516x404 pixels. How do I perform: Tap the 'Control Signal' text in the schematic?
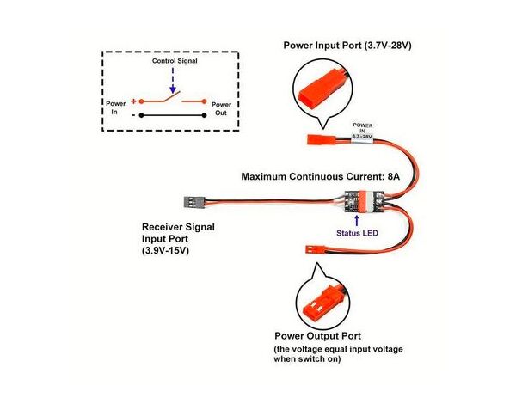pyautogui.click(x=174, y=62)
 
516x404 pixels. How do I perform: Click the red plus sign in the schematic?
pyautogui.click(x=133, y=101)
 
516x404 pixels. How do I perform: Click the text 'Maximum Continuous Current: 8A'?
pyautogui.click(x=320, y=176)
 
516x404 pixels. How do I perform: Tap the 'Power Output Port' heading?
pyautogui.click(x=317, y=335)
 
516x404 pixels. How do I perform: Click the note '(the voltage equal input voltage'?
pyautogui.click(x=338, y=350)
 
